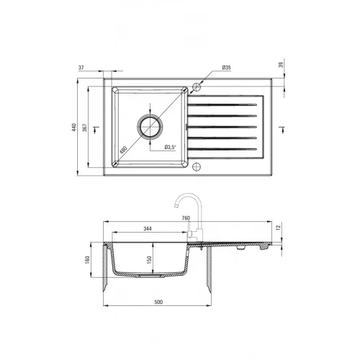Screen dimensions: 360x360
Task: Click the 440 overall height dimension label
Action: (x=74, y=127)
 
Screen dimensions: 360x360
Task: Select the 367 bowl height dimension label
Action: (x=85, y=127)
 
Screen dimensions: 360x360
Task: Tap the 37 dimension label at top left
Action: (x=81, y=68)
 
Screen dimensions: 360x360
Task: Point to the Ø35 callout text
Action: (x=226, y=68)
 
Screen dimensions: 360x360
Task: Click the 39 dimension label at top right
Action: (x=282, y=65)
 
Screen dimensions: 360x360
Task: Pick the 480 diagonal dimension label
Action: (x=123, y=150)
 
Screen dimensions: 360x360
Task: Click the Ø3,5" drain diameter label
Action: (x=171, y=147)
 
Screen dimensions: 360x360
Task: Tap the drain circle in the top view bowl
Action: (x=150, y=126)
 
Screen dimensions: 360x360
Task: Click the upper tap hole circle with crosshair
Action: (x=197, y=86)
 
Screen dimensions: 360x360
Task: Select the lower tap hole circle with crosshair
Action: (x=197, y=166)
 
